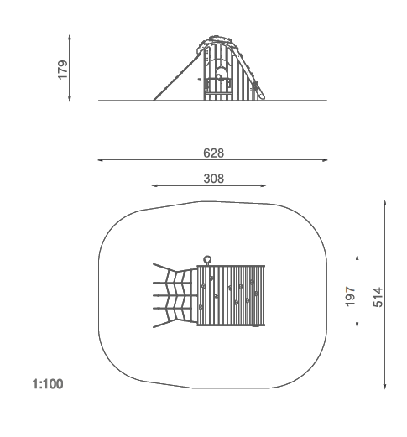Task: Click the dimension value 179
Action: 63,70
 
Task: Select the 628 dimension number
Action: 213,153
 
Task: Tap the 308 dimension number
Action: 214,179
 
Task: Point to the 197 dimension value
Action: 350,296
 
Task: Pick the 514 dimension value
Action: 378,297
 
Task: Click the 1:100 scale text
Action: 48,384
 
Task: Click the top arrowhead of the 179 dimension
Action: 70,38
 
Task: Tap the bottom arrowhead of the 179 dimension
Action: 70,98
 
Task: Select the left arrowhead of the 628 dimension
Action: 101,160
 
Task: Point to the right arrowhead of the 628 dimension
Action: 325,160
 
